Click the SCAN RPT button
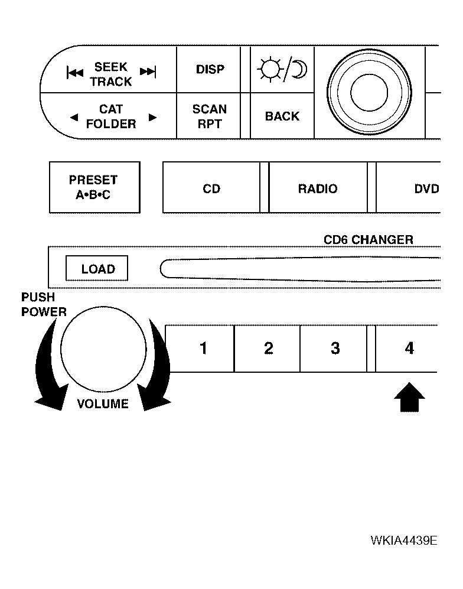point(208,116)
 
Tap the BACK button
point(282,116)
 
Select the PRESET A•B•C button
point(94,187)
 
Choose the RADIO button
point(318,188)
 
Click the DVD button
point(408,188)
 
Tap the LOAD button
point(97,268)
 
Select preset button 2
point(268,349)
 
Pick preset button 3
point(334,349)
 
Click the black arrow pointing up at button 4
point(409,397)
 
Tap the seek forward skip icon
point(148,71)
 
